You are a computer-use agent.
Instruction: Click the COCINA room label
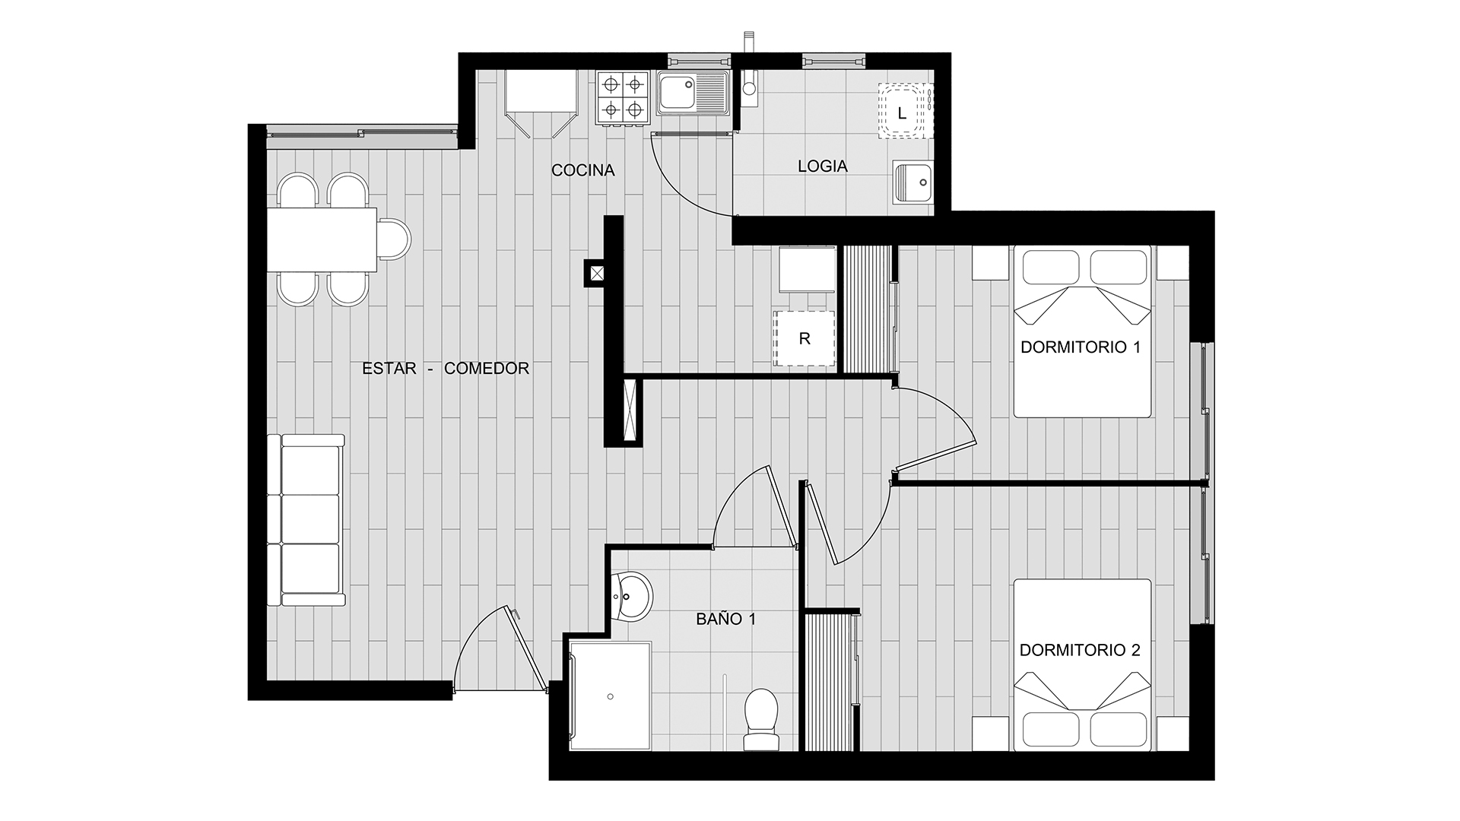click(582, 170)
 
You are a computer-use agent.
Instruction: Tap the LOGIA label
click(822, 166)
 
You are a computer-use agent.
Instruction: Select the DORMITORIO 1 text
click(1081, 347)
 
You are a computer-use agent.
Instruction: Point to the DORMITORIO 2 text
click(1080, 650)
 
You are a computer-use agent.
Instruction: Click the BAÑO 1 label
click(726, 619)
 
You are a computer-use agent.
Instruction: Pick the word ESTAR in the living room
click(389, 369)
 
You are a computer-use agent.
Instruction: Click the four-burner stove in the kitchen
click(621, 97)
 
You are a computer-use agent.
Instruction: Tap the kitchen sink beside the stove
click(693, 94)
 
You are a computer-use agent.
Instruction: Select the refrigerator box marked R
click(804, 339)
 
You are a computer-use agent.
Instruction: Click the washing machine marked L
click(903, 113)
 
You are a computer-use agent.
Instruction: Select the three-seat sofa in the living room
click(306, 520)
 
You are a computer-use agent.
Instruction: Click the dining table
click(322, 239)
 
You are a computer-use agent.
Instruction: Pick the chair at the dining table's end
click(394, 239)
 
